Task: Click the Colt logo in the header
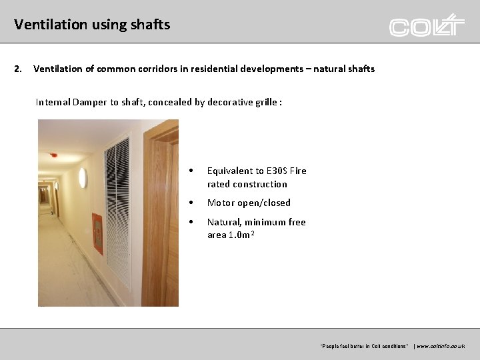[x=427, y=25]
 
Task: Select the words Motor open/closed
[x=249, y=203]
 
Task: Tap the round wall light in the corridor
[x=83, y=177]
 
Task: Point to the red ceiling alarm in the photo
[x=54, y=155]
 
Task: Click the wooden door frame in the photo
[x=154, y=200]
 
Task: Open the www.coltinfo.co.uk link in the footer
[x=439, y=347]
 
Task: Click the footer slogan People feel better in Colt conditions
[x=364, y=347]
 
